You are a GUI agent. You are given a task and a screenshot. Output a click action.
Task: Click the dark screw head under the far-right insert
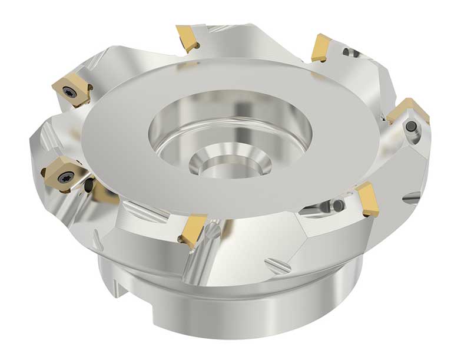point(410,126)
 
